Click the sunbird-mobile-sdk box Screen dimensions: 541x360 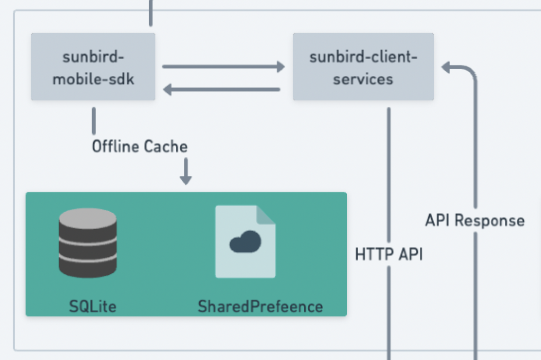coord(93,67)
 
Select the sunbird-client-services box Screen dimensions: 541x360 coord(363,67)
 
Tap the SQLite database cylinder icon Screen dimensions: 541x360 coord(87,243)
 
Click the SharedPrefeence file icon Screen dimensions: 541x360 coord(245,242)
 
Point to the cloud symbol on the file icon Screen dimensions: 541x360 coord(245,242)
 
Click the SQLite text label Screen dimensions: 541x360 coord(92,306)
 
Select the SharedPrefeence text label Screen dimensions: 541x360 coord(260,306)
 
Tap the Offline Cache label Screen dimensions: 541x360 coord(139,146)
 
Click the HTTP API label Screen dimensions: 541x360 coord(389,254)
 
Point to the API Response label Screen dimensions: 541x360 coord(475,220)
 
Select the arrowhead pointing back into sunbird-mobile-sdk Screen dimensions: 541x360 coord(167,90)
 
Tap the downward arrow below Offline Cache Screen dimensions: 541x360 coord(186,171)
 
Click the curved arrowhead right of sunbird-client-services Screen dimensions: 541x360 coord(446,67)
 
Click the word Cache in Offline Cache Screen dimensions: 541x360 coord(166,146)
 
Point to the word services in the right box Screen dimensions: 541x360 coord(363,79)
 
